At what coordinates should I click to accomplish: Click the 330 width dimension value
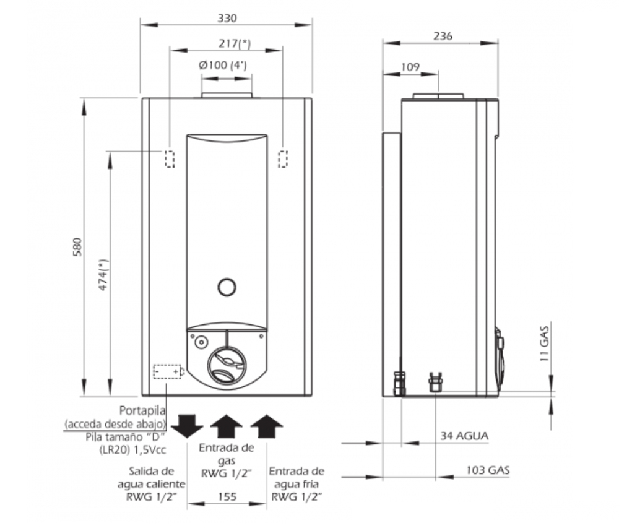pos(227,18)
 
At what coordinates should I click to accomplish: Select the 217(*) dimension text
pos(235,43)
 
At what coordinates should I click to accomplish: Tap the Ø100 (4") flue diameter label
pos(223,65)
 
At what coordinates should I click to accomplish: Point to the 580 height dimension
pos(77,247)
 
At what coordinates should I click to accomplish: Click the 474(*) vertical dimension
pos(103,275)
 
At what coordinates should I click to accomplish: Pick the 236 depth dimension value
pos(443,36)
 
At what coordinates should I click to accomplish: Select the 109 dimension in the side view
pos(410,67)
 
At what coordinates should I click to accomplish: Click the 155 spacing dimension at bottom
pos(227,496)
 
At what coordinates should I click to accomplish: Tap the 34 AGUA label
pos(464,436)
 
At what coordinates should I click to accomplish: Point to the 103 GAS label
pos(488,470)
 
